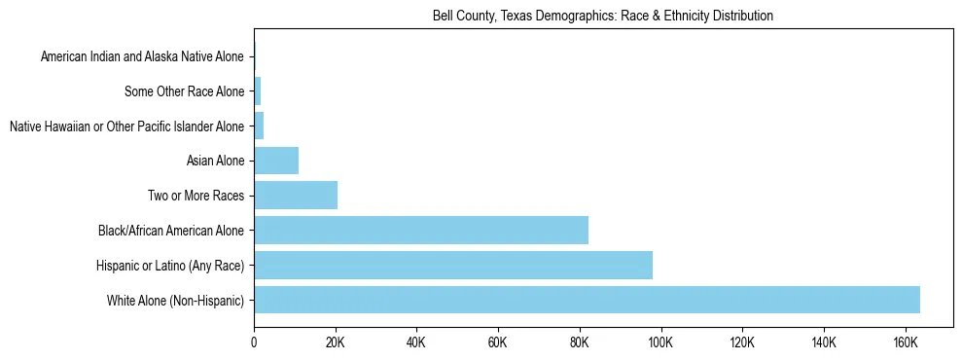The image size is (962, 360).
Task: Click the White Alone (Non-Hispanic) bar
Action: pyautogui.click(x=587, y=300)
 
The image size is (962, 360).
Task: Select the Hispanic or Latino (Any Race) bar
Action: pyautogui.click(x=453, y=265)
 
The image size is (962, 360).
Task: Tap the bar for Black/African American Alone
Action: pyautogui.click(x=421, y=231)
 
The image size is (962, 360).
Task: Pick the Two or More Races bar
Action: pyautogui.click(x=296, y=196)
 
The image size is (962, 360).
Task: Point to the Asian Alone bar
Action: pyautogui.click(x=276, y=161)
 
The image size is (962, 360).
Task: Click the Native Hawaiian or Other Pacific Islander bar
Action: pyautogui.click(x=259, y=126)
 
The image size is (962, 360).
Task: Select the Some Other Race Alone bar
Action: pyautogui.click(x=258, y=91)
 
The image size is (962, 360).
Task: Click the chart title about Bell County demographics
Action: pyautogui.click(x=603, y=16)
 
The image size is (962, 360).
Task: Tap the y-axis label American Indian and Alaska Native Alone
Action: pyautogui.click(x=142, y=57)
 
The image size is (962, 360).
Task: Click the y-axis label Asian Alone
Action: pyautogui.click(x=215, y=162)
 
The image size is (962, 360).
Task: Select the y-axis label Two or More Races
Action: pyautogui.click(x=196, y=197)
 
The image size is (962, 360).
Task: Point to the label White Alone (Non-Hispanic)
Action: pyautogui.click(x=175, y=301)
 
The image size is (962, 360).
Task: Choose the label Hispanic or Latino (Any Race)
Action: pyautogui.click(x=170, y=266)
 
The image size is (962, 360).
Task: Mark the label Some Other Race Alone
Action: pyautogui.click(x=185, y=92)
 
